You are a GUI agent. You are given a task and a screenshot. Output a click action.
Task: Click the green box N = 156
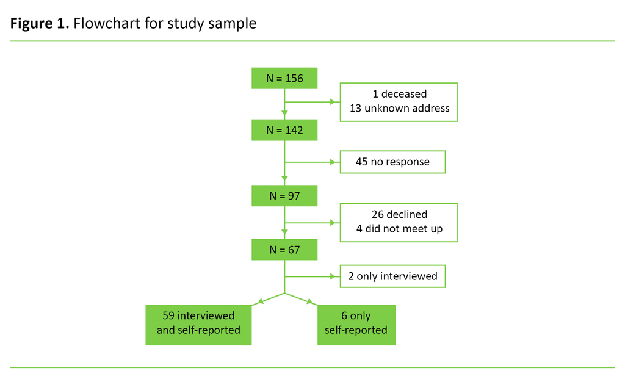tap(284, 78)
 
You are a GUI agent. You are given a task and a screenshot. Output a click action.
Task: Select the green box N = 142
tap(284, 129)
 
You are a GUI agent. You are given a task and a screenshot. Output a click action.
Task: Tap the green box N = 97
tap(284, 196)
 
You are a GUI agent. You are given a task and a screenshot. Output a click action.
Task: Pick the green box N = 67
tap(284, 250)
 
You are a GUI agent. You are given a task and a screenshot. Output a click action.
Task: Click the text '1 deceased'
tap(399, 94)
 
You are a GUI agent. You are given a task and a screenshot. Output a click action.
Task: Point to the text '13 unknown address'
tap(399, 109)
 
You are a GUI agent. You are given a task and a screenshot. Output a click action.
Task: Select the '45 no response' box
tap(392, 162)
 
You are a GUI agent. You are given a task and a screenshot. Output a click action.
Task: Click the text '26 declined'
tap(399, 214)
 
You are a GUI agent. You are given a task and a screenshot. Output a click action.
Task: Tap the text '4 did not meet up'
tap(399, 229)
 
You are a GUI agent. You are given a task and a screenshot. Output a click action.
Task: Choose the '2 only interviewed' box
tap(392, 276)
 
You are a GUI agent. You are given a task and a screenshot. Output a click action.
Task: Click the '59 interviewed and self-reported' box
tap(198, 323)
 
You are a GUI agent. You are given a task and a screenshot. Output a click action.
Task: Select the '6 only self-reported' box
tap(356, 323)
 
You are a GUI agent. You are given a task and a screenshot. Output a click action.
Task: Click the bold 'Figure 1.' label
tap(40, 24)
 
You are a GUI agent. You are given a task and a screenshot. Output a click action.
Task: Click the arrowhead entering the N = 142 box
tap(284, 114)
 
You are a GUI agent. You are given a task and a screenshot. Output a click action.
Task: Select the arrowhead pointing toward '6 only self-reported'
tap(311, 301)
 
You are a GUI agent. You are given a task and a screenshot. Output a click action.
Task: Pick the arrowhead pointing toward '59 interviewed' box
tap(260, 301)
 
